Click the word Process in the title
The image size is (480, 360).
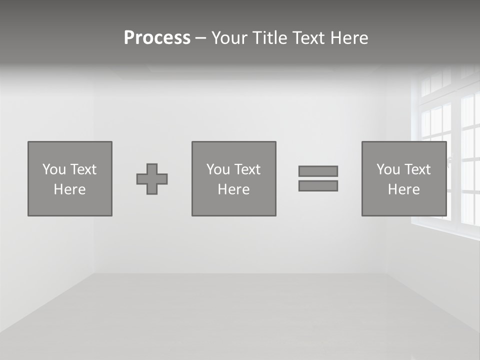point(157,38)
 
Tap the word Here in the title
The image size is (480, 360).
point(349,38)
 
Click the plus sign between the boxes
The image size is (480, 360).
point(152,179)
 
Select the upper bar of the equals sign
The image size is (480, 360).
point(318,171)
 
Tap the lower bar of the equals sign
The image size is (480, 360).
point(318,185)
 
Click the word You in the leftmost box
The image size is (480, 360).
point(54,169)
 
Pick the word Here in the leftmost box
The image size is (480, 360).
point(69,189)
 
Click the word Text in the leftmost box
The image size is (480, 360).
point(83,169)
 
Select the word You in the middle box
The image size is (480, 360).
point(218,169)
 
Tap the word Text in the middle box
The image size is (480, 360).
point(247,169)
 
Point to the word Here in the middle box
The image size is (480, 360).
point(233,189)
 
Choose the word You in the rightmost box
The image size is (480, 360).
point(388,169)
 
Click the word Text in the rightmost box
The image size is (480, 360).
point(417,169)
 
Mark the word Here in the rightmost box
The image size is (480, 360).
point(403,189)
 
